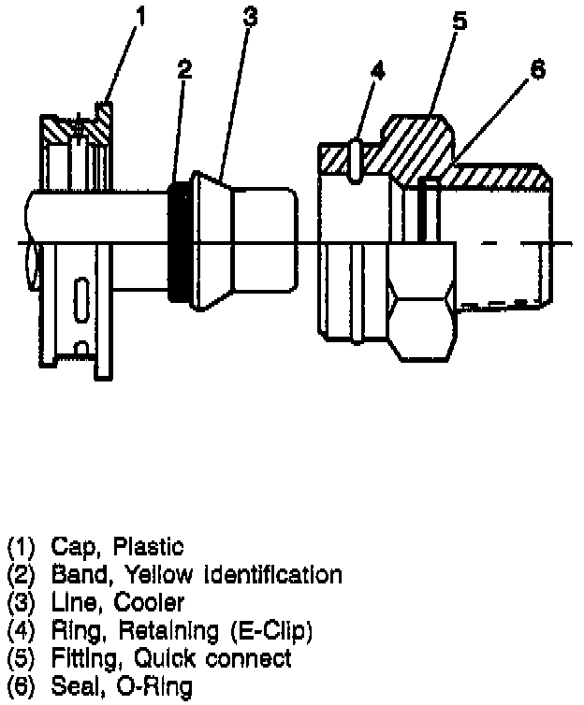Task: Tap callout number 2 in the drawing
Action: [x=184, y=70]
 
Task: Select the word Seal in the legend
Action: [x=72, y=688]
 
